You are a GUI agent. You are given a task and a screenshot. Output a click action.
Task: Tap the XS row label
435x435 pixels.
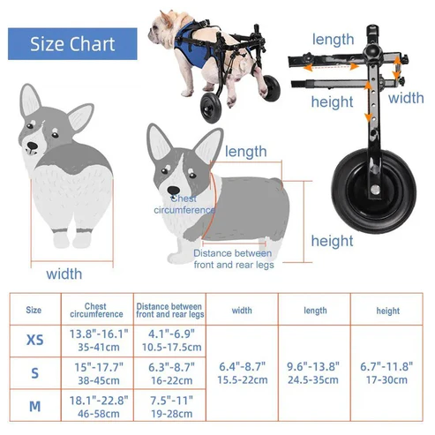click(x=34, y=340)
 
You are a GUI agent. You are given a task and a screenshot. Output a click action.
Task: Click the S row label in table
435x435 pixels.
click(x=34, y=372)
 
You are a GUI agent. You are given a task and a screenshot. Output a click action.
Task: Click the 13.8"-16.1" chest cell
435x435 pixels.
click(x=96, y=340)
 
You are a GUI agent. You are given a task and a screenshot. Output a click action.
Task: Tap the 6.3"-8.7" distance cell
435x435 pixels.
click(x=169, y=372)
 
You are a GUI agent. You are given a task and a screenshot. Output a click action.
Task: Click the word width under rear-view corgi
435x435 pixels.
click(x=64, y=274)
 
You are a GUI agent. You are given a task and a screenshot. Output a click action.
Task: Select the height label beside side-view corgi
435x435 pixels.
click(x=332, y=241)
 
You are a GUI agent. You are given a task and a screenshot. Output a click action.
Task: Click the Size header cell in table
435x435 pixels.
click(x=34, y=311)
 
